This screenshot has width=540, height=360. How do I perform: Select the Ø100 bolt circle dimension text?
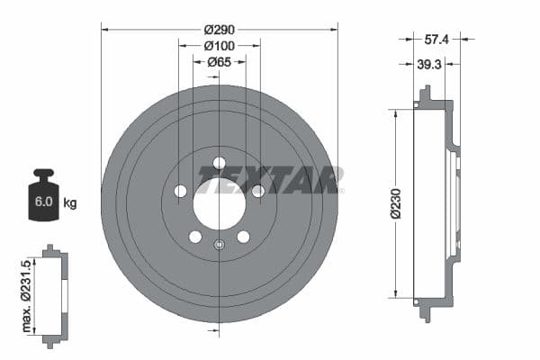[x=220, y=45]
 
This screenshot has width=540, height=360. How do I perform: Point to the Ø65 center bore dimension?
[x=220, y=63]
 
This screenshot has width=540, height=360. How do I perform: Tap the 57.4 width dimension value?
[x=437, y=40]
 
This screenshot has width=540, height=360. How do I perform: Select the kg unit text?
[x=70, y=203]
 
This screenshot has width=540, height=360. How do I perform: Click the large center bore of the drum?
[x=219, y=202]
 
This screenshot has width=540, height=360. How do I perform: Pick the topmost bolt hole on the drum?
[x=219, y=163]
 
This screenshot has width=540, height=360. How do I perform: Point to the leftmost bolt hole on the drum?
[x=180, y=191]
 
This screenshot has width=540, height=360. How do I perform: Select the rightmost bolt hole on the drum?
[x=257, y=191]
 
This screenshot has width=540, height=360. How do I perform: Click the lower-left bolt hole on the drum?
[x=195, y=237]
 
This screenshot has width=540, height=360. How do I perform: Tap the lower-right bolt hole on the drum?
[x=243, y=237]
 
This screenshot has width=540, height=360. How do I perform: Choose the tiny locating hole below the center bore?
[x=219, y=244]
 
